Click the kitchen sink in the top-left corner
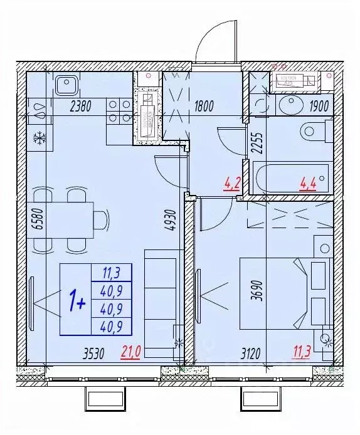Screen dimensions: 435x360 65,85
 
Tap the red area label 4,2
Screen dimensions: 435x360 231,184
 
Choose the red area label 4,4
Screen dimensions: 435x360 309,184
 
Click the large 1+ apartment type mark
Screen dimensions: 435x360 77,302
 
